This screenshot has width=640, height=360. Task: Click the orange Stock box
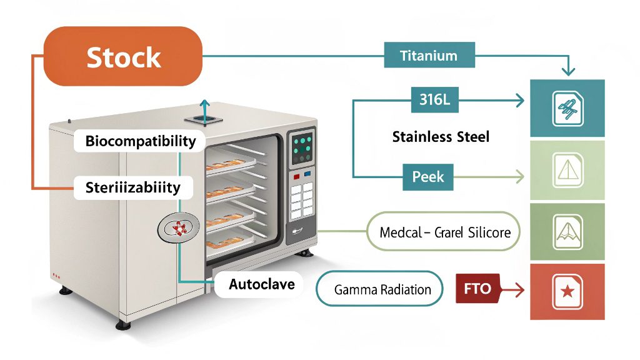tap(123, 56)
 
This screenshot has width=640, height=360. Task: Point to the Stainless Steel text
tap(441, 136)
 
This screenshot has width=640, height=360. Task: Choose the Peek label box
tap(428, 177)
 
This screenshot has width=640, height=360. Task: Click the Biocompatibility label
tap(140, 141)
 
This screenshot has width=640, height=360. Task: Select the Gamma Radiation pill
tap(379, 289)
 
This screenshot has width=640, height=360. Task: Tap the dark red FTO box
tap(477, 289)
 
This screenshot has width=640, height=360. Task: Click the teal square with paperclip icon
tap(567, 108)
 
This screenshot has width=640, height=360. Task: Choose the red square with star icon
tap(567, 292)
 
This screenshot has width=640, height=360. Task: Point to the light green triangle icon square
tap(567, 169)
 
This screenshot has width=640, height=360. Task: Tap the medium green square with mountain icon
tap(567, 231)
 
